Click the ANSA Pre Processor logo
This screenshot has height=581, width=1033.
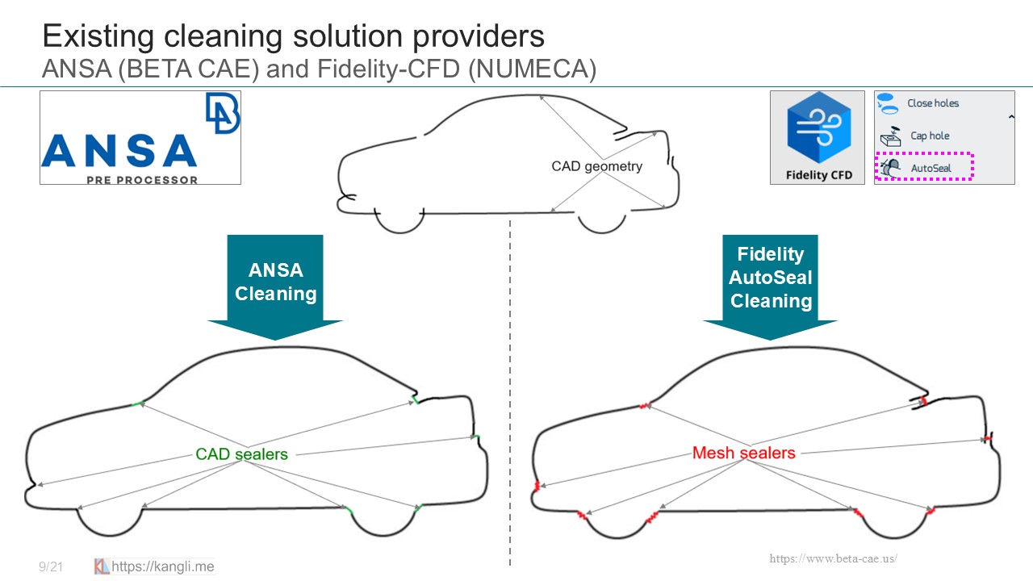coord(140,138)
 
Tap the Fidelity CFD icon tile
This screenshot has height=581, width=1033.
coord(818,137)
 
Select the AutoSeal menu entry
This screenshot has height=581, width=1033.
coord(931,168)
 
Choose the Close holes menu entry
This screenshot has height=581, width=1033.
coord(932,103)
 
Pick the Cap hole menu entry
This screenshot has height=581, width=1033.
coord(930,136)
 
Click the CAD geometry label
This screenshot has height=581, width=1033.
coord(596,166)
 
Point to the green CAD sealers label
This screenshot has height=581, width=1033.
coord(241,454)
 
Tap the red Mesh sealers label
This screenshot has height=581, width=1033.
coord(743,454)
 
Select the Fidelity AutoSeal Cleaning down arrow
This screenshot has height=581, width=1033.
coord(770,286)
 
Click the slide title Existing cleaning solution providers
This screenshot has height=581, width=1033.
coord(293,36)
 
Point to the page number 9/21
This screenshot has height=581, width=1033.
coord(51,567)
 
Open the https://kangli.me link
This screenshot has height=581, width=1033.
coord(162,566)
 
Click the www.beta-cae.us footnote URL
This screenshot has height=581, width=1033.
coord(833,558)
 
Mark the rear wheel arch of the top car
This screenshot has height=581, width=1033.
coord(601,224)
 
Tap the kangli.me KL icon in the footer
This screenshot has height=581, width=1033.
coord(102,566)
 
